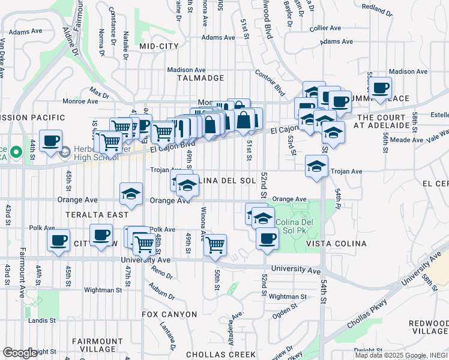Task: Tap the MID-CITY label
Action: pos(159,46)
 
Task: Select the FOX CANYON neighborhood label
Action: pos(169,314)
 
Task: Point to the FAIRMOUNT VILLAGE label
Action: pos(94,345)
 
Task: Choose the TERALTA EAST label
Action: pos(101,215)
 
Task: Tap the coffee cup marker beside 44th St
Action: pos(50,140)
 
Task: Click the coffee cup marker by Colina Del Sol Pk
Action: pos(267,238)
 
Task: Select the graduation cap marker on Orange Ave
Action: pos(131,194)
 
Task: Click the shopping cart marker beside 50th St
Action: pos(215,244)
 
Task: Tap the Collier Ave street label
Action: pos(325,28)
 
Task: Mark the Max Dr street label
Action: pos(99,92)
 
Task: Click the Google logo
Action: pos(19,353)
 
